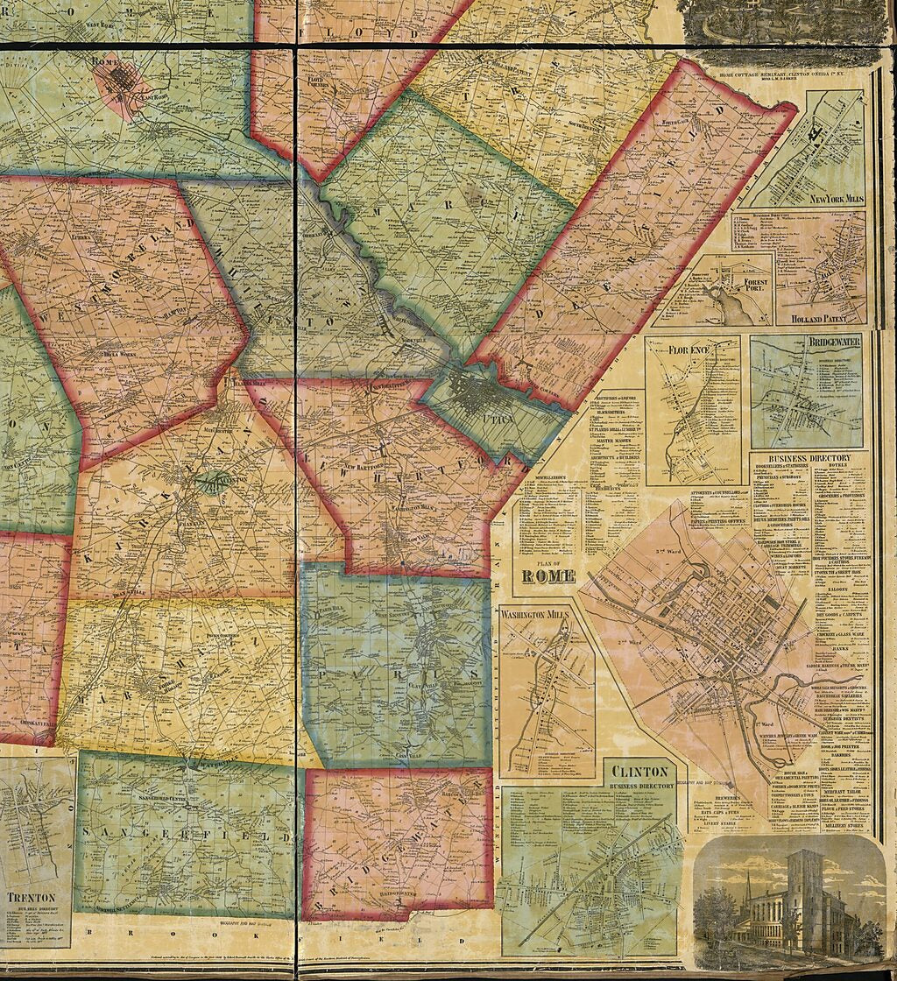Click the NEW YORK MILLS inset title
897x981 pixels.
(x=837, y=199)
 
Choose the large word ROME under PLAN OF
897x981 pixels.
(x=548, y=575)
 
